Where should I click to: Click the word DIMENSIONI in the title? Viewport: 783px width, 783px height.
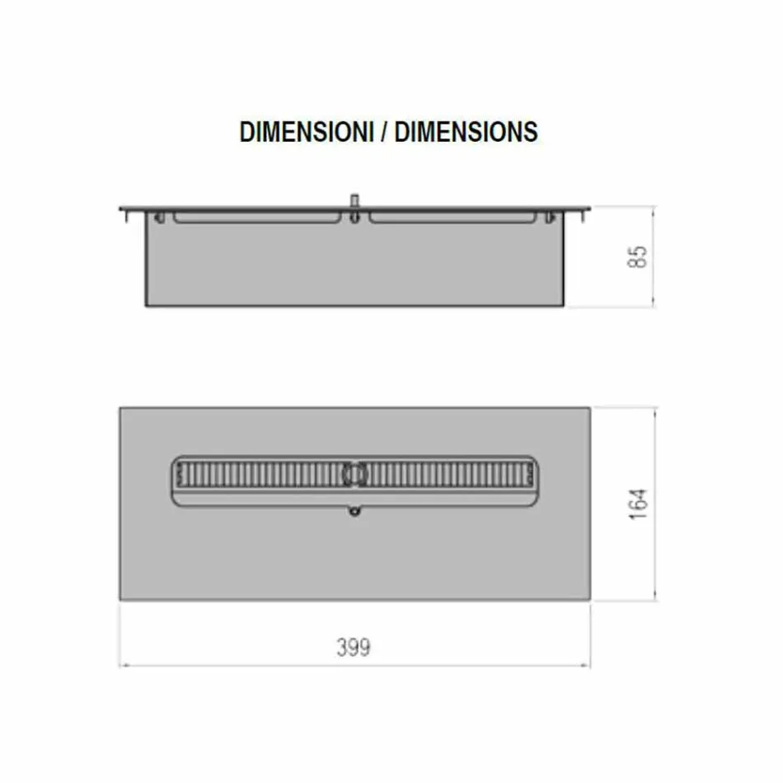(x=306, y=132)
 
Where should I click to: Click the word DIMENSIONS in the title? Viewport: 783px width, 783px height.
(x=466, y=132)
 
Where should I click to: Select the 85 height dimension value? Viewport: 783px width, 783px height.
(x=639, y=256)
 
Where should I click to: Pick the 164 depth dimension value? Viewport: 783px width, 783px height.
(x=639, y=504)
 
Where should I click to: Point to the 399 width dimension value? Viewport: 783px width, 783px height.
(x=353, y=648)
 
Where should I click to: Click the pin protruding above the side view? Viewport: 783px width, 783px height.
(x=355, y=200)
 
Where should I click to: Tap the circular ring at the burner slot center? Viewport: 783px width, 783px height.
(x=354, y=474)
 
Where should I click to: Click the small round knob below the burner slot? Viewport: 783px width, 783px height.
(x=354, y=512)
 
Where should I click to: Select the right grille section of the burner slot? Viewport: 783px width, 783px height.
(x=449, y=475)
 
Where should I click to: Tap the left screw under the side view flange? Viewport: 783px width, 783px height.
(x=159, y=217)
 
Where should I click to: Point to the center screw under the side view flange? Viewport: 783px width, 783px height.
(x=354, y=218)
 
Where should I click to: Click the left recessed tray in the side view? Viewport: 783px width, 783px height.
(x=257, y=218)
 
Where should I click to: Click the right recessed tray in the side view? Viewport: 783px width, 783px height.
(x=452, y=218)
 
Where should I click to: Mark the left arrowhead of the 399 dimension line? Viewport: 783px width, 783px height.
(x=123, y=664)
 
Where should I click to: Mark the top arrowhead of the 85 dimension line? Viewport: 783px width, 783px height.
(x=654, y=209)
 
